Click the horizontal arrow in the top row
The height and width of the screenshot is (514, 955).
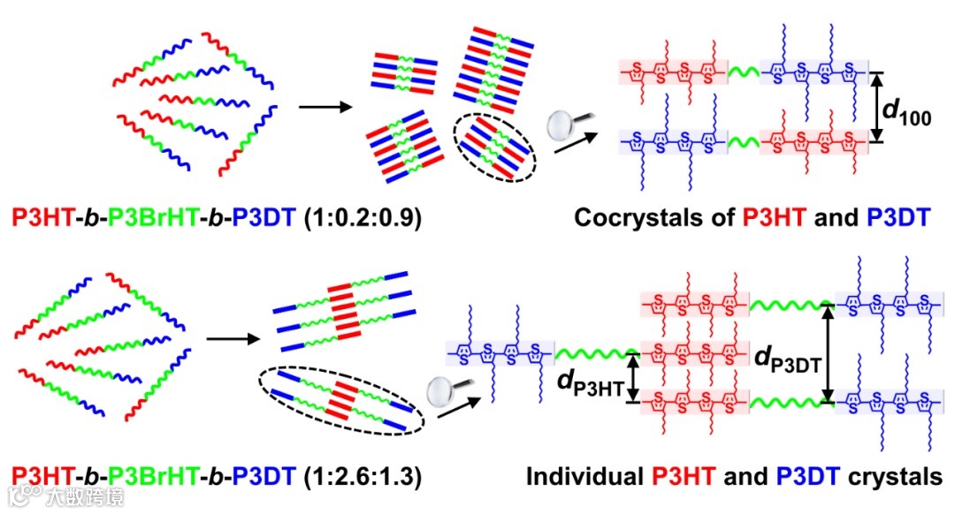coord(323,109)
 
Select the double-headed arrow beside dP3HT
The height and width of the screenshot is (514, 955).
coord(631,378)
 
